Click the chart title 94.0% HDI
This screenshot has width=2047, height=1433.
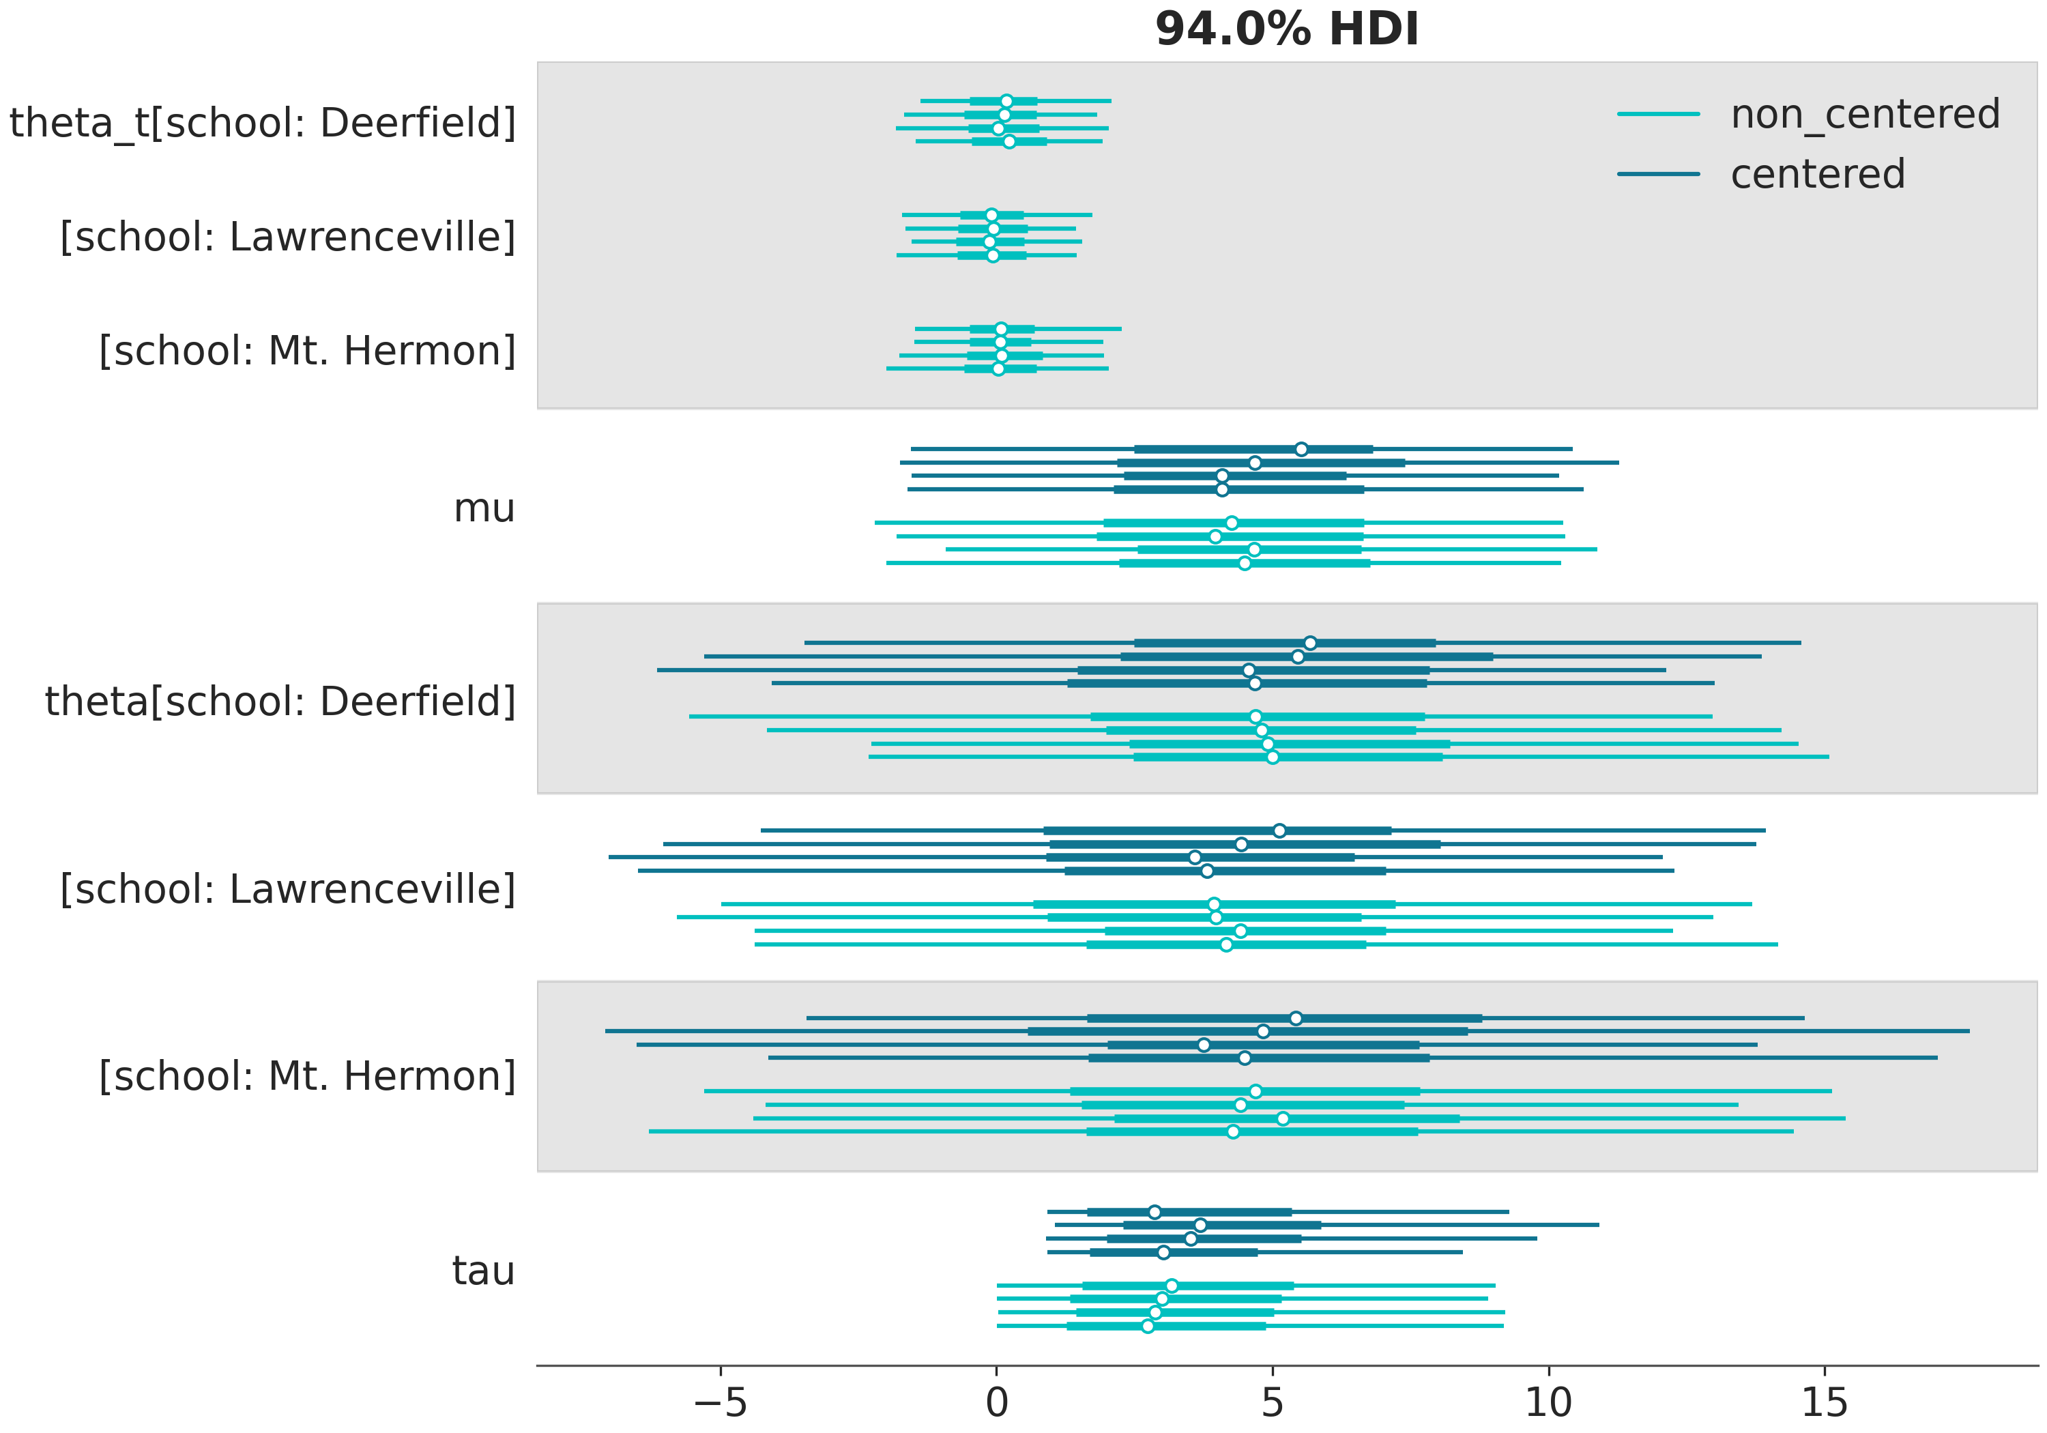[x=1286, y=29]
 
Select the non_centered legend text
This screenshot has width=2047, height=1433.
[x=1865, y=114]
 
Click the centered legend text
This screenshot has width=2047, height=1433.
[x=1817, y=174]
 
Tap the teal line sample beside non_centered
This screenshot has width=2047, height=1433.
[x=1658, y=114]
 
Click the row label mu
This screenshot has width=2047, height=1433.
[x=484, y=508]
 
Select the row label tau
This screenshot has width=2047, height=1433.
[x=483, y=1270]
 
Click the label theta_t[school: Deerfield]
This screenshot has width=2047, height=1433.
[x=263, y=122]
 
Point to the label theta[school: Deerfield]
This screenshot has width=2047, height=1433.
[x=280, y=701]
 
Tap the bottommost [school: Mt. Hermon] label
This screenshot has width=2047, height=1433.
[x=306, y=1075]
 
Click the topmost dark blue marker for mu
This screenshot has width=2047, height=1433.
[x=1301, y=448]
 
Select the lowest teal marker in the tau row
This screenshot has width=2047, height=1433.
[x=1148, y=1326]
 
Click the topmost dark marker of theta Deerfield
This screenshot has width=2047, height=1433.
[x=1309, y=643]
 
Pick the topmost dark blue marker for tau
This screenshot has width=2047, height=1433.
[x=1155, y=1212]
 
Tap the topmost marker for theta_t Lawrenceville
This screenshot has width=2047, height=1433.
[x=991, y=215]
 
